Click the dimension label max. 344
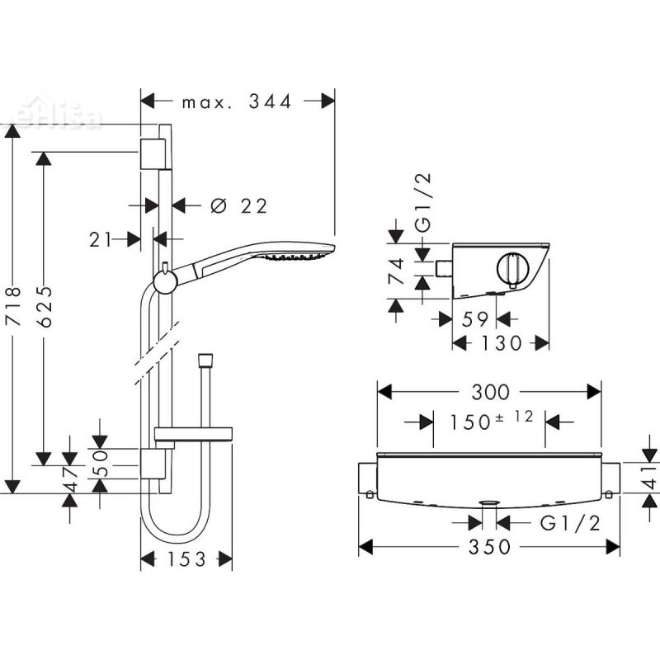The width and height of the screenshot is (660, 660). click(238, 101)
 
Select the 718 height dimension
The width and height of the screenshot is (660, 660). click(11, 307)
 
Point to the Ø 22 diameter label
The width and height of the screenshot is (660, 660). click(239, 206)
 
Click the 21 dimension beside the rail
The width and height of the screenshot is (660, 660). click(100, 239)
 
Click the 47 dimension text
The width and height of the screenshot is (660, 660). click(71, 479)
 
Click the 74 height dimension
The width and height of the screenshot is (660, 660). click(397, 270)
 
